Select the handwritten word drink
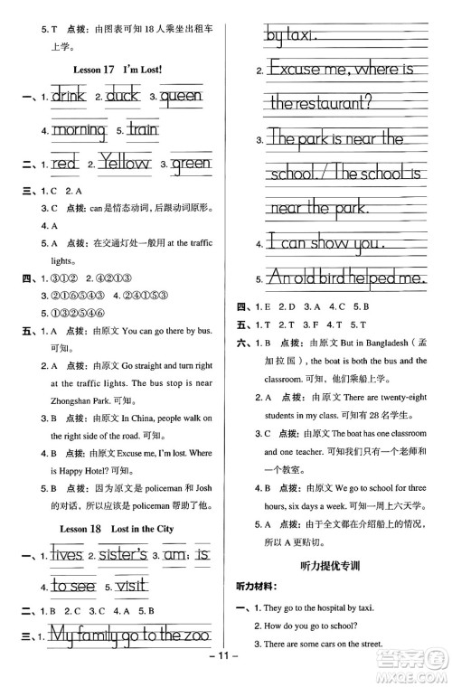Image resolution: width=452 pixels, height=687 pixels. (68, 96)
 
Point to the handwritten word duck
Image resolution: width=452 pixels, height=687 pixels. (123, 96)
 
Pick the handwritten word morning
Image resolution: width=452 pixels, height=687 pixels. (79, 130)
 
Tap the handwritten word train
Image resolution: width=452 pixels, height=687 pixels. (143, 130)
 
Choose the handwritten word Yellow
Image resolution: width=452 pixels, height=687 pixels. (125, 165)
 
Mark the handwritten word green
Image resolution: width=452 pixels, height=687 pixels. (191, 165)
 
